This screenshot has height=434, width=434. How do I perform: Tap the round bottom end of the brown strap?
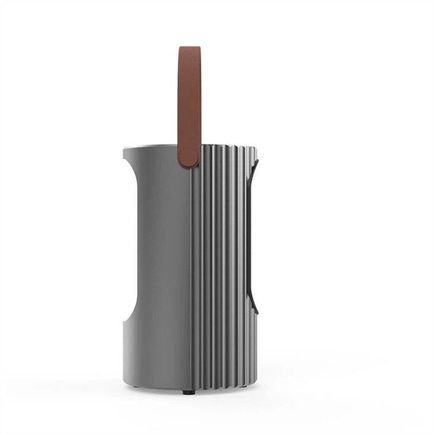click(x=190, y=159)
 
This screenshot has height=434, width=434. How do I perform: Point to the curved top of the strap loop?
click(x=190, y=50)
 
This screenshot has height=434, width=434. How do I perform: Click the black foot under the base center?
click(x=188, y=392)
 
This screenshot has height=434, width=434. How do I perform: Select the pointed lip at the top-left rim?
click(x=124, y=149)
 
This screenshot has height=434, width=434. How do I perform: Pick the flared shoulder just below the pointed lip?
click(x=132, y=163)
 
